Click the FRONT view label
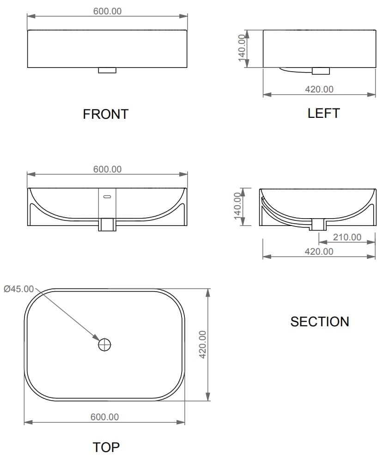tap(105, 114)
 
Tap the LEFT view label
tap(323, 113)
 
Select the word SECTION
tap(319, 321)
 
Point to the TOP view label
tap(106, 447)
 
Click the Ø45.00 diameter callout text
tap(18, 289)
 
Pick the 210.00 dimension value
tap(347, 237)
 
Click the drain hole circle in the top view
tap(105, 344)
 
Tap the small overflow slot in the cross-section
tap(107, 197)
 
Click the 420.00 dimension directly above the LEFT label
tap(319, 89)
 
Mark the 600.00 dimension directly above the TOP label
tap(104, 417)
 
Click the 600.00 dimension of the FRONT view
tap(107, 11)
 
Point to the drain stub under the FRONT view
tap(107, 71)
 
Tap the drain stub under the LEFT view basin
tap(321, 71)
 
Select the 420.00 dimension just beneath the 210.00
tap(319, 251)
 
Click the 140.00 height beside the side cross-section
tap(237, 207)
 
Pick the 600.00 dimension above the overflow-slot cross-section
tap(107, 169)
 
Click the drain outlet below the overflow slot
tap(107, 225)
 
